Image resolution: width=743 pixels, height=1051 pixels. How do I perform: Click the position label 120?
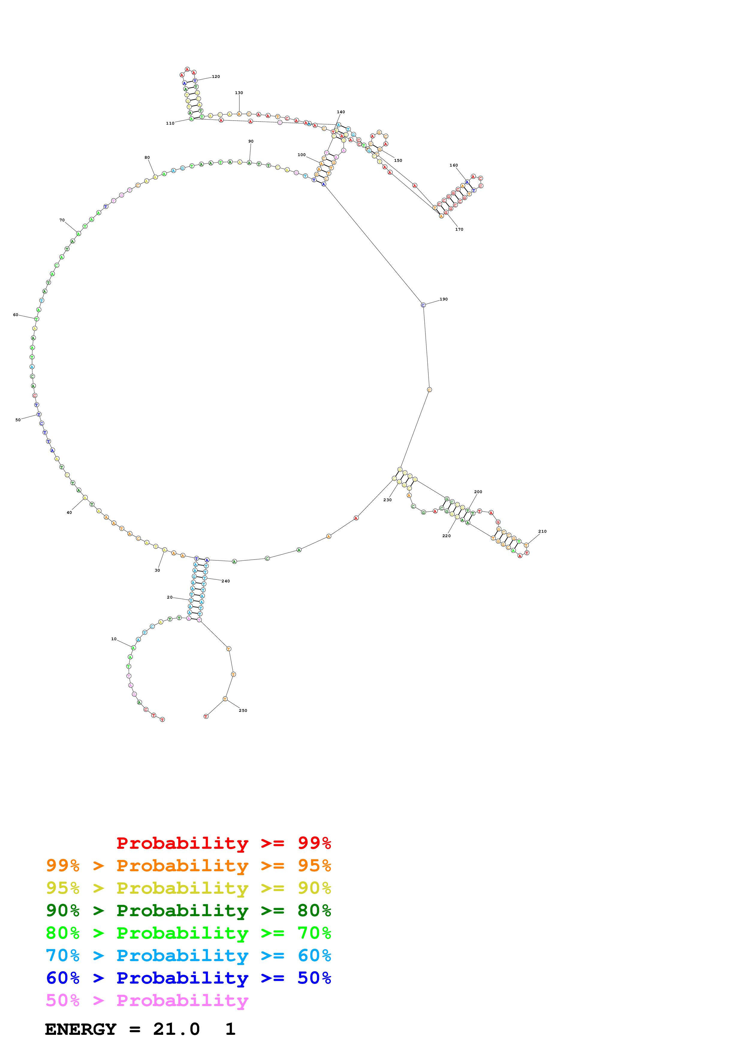(215, 76)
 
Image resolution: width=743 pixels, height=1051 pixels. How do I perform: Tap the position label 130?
(239, 93)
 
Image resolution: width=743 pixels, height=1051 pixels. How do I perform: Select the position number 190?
(444, 299)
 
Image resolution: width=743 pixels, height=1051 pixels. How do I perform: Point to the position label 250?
(243, 710)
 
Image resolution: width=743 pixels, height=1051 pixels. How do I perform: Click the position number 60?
(16, 315)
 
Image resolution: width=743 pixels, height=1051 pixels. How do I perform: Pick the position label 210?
(542, 531)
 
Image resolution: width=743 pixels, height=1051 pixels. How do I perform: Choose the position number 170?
(459, 229)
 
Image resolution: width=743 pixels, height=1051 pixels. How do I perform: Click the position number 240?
(226, 581)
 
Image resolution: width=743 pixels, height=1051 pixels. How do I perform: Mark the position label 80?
(147, 158)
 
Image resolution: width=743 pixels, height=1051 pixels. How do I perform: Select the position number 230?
(387, 500)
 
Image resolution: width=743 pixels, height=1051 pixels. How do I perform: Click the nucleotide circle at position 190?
(423, 305)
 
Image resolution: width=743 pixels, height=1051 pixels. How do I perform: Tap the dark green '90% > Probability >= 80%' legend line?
(188, 910)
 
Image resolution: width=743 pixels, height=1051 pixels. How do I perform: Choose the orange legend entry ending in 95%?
(188, 866)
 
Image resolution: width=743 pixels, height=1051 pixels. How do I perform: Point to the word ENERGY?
(81, 1029)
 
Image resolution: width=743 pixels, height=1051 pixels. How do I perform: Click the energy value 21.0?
(176, 1029)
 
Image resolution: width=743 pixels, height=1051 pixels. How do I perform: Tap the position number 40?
(69, 513)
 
